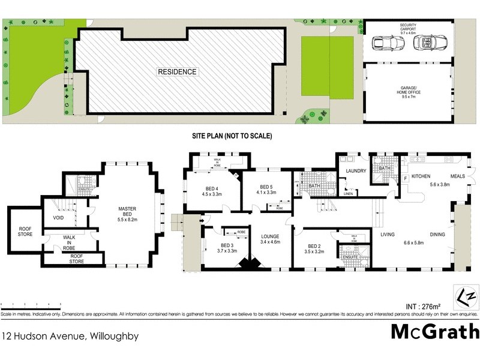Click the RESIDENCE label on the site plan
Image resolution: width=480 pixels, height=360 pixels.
point(177,72)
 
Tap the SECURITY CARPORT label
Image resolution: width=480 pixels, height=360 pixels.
point(408,27)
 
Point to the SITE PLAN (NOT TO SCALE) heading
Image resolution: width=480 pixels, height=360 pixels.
point(232,136)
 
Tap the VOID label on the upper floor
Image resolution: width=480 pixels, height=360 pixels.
point(58,218)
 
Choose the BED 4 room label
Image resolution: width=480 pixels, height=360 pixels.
point(214,191)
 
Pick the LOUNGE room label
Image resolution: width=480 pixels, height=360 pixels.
point(271,240)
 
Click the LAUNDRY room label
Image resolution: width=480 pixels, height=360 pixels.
point(356,172)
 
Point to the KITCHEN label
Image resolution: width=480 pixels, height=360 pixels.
point(421,176)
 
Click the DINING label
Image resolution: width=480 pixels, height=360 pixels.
point(437,234)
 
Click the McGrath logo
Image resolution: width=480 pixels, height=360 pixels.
point(435,331)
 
